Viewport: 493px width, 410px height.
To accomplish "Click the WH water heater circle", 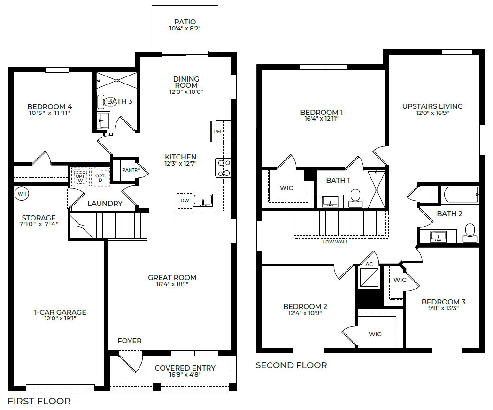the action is (x=22, y=194).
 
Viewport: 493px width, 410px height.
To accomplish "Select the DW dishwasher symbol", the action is (x=184, y=201).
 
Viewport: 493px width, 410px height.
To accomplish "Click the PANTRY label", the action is (x=131, y=170).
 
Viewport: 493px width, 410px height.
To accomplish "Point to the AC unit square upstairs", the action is (x=369, y=277).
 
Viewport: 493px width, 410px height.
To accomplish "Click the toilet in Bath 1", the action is (x=355, y=198).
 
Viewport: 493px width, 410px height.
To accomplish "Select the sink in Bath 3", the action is (x=103, y=121).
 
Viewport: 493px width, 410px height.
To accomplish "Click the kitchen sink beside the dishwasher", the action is (x=203, y=200).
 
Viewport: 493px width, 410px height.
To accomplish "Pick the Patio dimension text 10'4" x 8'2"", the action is (x=185, y=29).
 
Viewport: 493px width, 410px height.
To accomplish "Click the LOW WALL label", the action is (x=336, y=242).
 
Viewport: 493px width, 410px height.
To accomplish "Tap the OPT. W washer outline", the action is (x=80, y=177).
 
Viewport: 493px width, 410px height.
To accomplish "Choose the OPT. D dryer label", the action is (x=100, y=178).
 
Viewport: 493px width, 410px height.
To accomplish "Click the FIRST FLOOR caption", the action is (x=39, y=401).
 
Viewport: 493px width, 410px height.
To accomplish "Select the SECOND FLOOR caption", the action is (x=291, y=365).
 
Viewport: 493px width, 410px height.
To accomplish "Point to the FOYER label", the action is (x=130, y=341).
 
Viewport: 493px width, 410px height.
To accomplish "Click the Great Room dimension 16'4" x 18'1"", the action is (x=172, y=284).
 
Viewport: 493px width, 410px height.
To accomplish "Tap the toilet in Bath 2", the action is (x=470, y=233).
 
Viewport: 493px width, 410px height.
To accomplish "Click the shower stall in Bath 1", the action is (x=377, y=190).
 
